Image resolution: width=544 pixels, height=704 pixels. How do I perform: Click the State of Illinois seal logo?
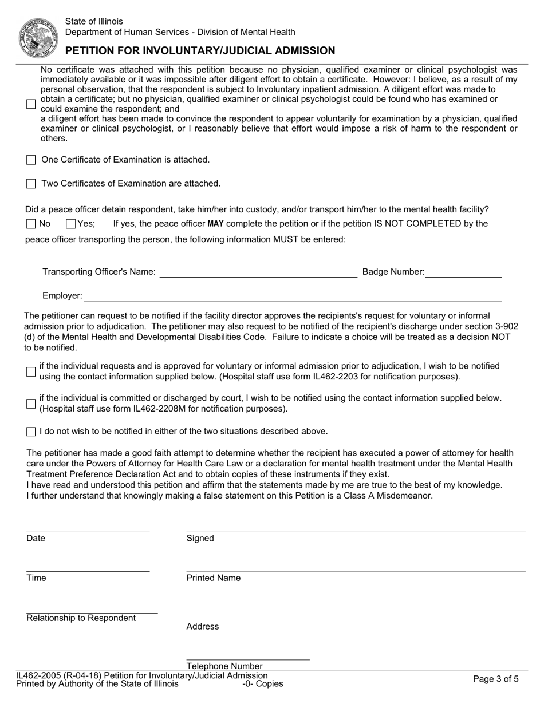[39, 37]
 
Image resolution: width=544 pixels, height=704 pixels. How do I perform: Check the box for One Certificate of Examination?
[31, 160]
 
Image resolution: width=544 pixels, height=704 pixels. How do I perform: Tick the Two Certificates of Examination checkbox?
[31, 184]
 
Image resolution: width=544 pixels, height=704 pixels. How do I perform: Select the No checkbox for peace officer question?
[31, 224]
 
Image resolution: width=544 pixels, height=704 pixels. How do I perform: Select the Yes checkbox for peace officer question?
[71, 224]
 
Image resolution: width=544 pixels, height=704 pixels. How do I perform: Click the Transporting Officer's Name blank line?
[258, 272]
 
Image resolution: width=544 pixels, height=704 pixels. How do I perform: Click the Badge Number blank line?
[463, 272]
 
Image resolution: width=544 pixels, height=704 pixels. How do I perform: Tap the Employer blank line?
[293, 296]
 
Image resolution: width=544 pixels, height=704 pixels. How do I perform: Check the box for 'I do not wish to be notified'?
[31, 432]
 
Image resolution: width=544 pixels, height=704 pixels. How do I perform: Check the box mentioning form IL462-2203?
[31, 372]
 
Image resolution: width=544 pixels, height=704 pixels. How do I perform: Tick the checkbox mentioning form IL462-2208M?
[31, 404]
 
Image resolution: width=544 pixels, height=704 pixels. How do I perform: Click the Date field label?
[36, 539]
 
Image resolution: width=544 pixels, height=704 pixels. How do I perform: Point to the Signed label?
[200, 539]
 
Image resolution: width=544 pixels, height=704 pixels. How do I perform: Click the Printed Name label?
[214, 578]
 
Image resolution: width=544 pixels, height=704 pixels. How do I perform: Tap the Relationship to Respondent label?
[81, 618]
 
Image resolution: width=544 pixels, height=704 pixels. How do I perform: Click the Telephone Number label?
[224, 666]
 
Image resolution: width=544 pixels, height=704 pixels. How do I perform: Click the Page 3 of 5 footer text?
[496, 679]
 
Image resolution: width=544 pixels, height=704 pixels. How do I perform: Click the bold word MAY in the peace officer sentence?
[216, 224]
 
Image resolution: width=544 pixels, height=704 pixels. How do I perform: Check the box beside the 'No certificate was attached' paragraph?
[31, 104]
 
